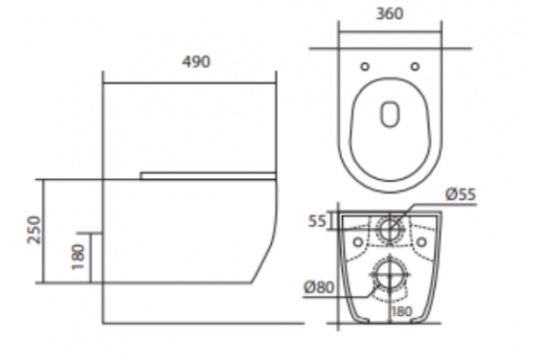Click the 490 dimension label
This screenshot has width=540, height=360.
(x=195, y=62)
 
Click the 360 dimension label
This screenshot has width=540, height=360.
(x=390, y=14)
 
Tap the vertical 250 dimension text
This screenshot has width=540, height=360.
(x=34, y=230)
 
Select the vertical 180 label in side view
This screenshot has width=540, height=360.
(x=77, y=257)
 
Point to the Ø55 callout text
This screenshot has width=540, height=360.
(x=461, y=194)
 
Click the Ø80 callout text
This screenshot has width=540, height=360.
(x=319, y=287)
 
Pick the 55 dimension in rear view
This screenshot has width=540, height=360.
(x=317, y=221)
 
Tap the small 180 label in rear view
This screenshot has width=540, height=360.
(x=401, y=311)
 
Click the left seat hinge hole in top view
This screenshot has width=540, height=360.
(x=364, y=67)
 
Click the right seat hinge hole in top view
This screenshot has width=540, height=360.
(x=415, y=67)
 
